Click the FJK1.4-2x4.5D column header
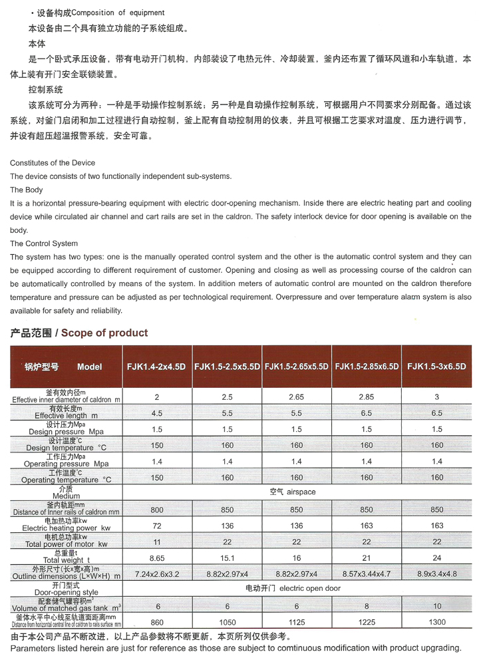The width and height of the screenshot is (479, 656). click(x=157, y=366)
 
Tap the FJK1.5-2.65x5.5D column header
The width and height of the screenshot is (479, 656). click(x=297, y=366)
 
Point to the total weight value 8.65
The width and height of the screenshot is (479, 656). click(x=157, y=557)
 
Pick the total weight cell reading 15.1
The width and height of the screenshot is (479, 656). click(x=227, y=557)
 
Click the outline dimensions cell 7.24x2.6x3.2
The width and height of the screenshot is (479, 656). click(x=157, y=573)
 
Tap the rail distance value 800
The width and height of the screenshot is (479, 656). click(x=157, y=510)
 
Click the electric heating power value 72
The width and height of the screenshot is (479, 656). click(x=157, y=526)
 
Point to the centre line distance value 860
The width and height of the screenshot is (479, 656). click(x=157, y=621)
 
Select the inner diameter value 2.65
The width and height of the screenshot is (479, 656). click(x=297, y=397)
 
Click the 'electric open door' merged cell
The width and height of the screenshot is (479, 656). click(x=297, y=589)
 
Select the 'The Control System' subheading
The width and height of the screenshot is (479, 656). click(x=44, y=244)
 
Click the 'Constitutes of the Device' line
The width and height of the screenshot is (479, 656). click(x=53, y=163)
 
